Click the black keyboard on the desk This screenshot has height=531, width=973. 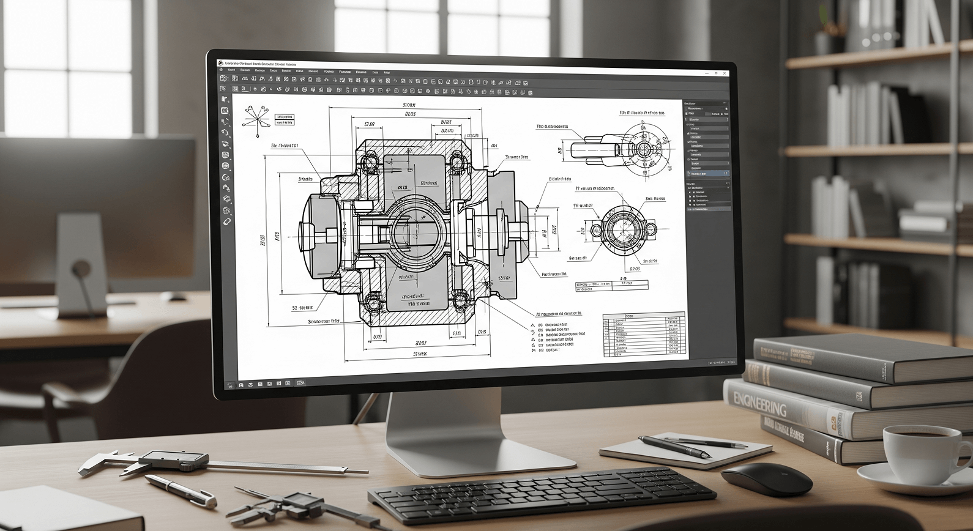point(541,493)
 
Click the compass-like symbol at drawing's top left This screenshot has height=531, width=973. point(256,116)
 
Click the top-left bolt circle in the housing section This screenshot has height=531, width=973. point(368,162)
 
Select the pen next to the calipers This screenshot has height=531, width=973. point(180,489)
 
